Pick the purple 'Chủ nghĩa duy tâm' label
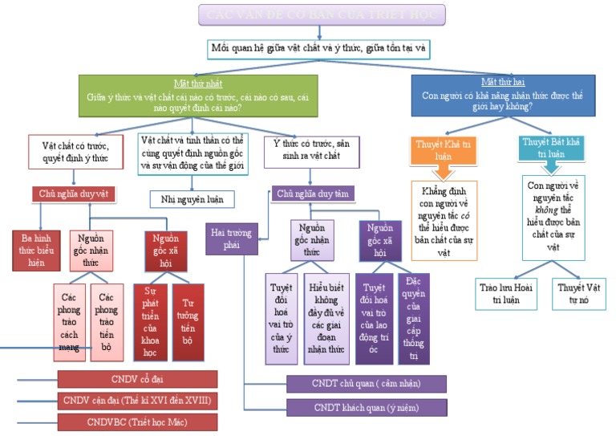point(314,194)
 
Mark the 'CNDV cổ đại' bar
point(137,379)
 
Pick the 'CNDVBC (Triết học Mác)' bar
point(137,422)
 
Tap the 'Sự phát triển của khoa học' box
point(150,321)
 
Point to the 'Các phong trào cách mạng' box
point(70,321)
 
